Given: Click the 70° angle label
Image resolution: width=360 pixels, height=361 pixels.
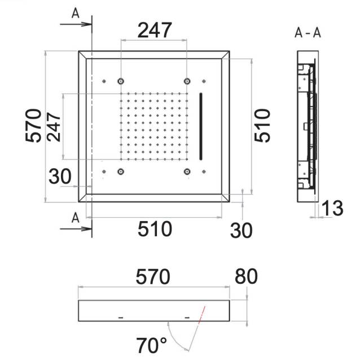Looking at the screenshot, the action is click(151, 345).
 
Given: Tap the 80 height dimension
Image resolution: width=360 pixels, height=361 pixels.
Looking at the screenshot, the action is click(246, 276).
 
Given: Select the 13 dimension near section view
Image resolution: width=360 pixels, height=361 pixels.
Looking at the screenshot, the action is click(332, 208).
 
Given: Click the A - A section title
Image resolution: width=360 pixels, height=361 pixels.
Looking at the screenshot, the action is click(308, 33).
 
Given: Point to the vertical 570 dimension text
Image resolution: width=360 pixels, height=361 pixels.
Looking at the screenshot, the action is click(33, 126).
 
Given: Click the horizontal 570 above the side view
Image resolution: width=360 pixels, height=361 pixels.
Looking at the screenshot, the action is click(153, 276).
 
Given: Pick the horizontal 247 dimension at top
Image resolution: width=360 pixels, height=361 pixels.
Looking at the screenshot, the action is click(155, 30).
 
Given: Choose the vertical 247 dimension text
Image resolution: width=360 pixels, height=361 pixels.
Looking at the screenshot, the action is click(54, 127).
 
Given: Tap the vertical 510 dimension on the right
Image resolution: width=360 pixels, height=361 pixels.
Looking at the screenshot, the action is click(262, 126).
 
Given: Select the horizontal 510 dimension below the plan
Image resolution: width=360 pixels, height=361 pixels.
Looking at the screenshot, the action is click(155, 229).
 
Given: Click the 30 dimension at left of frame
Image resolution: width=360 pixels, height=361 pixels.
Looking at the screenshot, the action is click(60, 177).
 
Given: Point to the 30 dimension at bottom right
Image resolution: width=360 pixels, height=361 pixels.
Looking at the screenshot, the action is click(241, 230).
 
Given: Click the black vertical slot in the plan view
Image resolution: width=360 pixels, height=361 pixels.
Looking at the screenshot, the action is click(201, 126).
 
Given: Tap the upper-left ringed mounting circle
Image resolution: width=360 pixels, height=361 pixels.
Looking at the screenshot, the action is click(121, 81).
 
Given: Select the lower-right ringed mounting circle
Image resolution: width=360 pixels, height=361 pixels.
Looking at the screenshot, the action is click(187, 171).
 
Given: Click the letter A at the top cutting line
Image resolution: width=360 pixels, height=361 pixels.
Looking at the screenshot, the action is click(76, 13).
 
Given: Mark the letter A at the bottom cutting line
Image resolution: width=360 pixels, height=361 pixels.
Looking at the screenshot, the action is click(76, 218).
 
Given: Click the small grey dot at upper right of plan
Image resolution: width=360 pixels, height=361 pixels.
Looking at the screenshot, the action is click(204, 81).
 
